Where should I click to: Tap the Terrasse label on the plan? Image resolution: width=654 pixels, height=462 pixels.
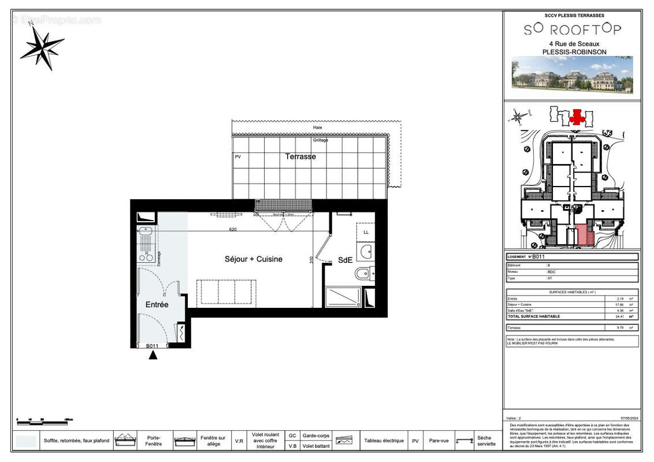pyautogui.click(x=300, y=157)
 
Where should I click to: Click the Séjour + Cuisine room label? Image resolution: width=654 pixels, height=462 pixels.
pyautogui.click(x=254, y=259)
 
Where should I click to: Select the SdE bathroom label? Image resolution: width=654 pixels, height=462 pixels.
pyautogui.click(x=345, y=260)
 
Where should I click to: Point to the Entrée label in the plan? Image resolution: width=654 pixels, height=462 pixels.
pyautogui.click(x=157, y=304)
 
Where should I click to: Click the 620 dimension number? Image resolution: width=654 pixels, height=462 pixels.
pyautogui.click(x=233, y=229)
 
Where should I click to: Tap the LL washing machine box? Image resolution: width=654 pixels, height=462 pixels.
pyautogui.click(x=365, y=232)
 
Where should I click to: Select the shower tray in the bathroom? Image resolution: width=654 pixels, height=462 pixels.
pyautogui.click(x=343, y=297)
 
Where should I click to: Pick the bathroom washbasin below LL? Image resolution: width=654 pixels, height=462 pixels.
pyautogui.click(x=365, y=251)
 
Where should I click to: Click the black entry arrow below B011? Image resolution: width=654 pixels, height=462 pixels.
pyautogui.click(x=153, y=355)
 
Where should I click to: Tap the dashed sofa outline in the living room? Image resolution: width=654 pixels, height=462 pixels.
pyautogui.click(x=226, y=292)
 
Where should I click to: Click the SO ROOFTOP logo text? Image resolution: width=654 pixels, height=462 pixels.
pyautogui.click(x=573, y=29)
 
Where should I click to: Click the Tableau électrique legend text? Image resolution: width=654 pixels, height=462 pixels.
pyautogui.click(x=384, y=441)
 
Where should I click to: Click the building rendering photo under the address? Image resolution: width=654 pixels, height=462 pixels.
pyautogui.click(x=572, y=74)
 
